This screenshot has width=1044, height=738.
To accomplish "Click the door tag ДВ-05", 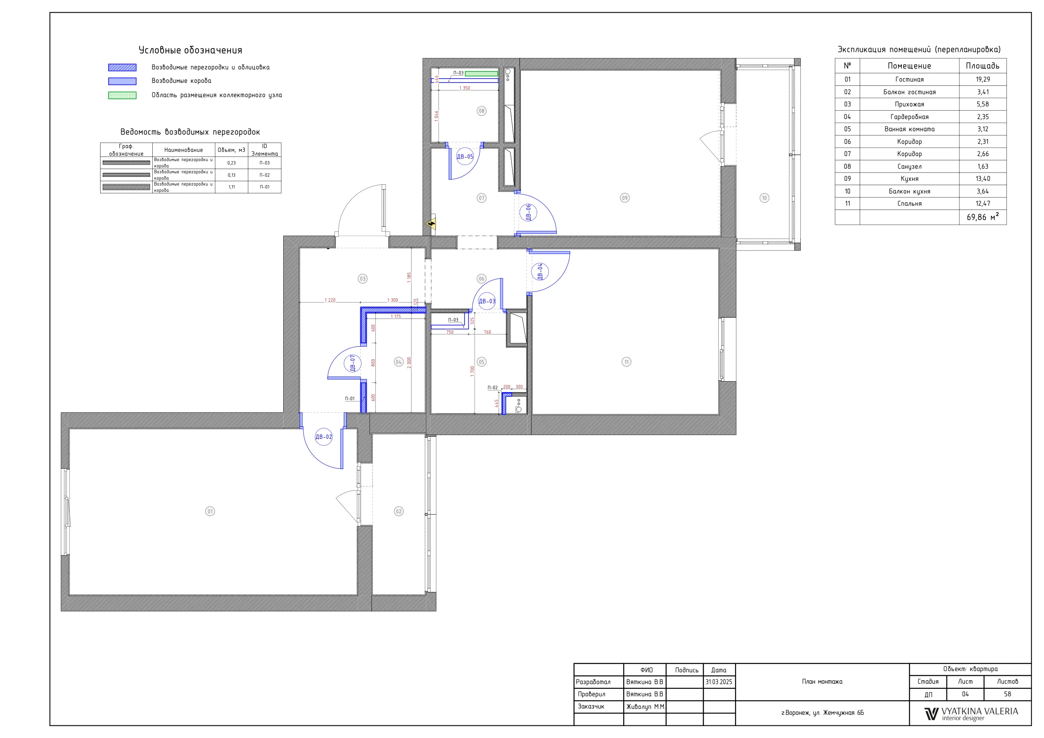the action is click(x=465, y=157).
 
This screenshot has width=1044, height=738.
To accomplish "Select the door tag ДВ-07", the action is click(x=352, y=363).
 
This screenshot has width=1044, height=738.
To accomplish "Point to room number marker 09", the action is click(x=625, y=198).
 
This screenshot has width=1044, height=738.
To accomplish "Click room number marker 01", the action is click(x=210, y=512).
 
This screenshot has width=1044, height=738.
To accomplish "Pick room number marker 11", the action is click(x=627, y=362).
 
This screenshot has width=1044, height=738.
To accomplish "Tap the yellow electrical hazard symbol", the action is click(x=430, y=224).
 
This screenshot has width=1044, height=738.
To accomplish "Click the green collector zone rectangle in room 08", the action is click(x=481, y=73).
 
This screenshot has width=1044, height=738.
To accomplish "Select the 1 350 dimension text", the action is click(x=465, y=88).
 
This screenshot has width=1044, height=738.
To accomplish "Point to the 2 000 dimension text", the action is click(x=409, y=362).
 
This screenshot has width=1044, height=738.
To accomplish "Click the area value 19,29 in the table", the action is click(x=983, y=79).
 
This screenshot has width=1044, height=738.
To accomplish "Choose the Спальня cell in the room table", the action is click(x=909, y=204).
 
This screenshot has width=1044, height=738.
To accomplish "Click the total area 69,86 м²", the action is click(x=983, y=217).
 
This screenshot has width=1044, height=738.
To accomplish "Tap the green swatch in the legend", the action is click(x=122, y=96).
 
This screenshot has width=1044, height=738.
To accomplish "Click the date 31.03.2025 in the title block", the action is click(x=719, y=682).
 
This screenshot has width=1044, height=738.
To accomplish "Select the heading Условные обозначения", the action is click(x=191, y=50).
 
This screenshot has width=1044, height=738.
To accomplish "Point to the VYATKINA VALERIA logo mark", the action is click(x=931, y=714).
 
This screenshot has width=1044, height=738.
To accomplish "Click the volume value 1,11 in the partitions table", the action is click(x=231, y=187).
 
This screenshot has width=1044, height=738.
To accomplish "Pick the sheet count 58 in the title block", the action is click(x=1008, y=694).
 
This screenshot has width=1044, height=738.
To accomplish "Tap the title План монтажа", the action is click(x=822, y=682).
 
